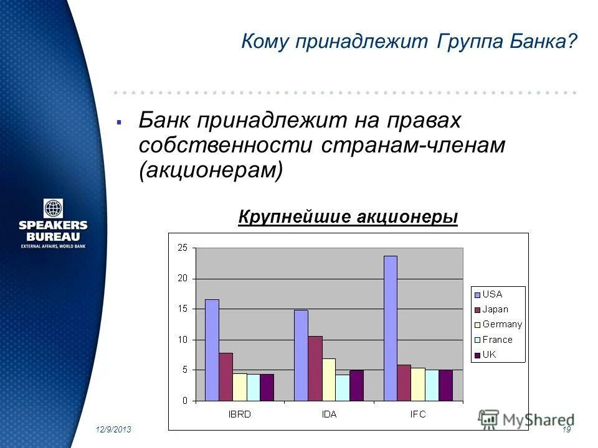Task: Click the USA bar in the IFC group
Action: point(390,328)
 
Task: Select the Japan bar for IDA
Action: point(315,368)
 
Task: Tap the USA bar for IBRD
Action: point(212,350)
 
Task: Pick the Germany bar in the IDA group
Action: point(328,380)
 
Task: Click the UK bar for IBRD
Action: point(267,387)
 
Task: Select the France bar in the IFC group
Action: point(432,385)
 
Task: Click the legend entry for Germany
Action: point(501,324)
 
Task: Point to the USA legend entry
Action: point(491,294)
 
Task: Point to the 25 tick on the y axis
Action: point(182,248)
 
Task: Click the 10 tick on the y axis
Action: point(182,340)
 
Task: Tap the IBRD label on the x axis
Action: point(239,414)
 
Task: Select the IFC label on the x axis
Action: point(418,414)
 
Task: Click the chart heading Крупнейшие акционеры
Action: point(348,217)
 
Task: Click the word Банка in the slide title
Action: point(533,43)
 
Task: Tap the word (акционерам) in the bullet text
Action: point(211,170)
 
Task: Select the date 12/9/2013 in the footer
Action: point(113,431)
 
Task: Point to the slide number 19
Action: point(566,431)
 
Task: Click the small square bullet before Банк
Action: point(118,122)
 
